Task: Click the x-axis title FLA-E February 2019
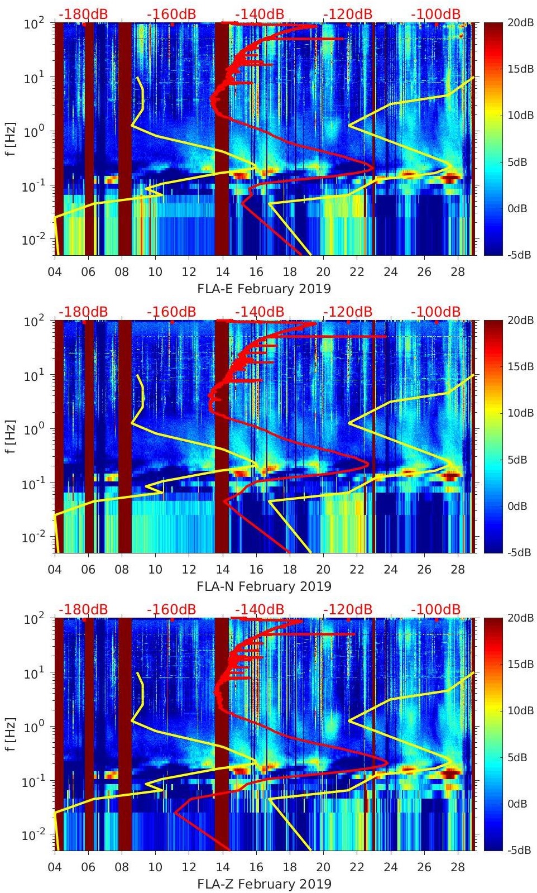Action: [264, 289]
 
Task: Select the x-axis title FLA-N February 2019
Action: [264, 586]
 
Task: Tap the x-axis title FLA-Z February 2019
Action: [264, 884]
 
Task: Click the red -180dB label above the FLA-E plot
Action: [83, 14]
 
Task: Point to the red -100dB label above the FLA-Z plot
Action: [435, 609]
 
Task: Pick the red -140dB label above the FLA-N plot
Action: [260, 312]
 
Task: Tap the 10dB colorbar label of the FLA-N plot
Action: [522, 413]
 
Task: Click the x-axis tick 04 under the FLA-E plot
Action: [55, 272]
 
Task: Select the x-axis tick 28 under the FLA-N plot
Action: [458, 570]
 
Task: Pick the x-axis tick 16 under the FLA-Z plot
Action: [256, 867]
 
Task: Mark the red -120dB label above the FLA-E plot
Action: [348, 14]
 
